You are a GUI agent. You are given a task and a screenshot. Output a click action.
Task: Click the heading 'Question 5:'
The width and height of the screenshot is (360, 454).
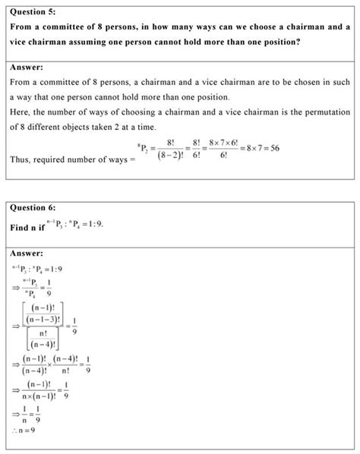[x=34, y=13]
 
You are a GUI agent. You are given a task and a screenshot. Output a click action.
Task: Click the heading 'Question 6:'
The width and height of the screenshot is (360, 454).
[x=34, y=207]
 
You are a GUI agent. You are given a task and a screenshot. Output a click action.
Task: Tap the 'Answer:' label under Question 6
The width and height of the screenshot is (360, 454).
[x=27, y=253]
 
